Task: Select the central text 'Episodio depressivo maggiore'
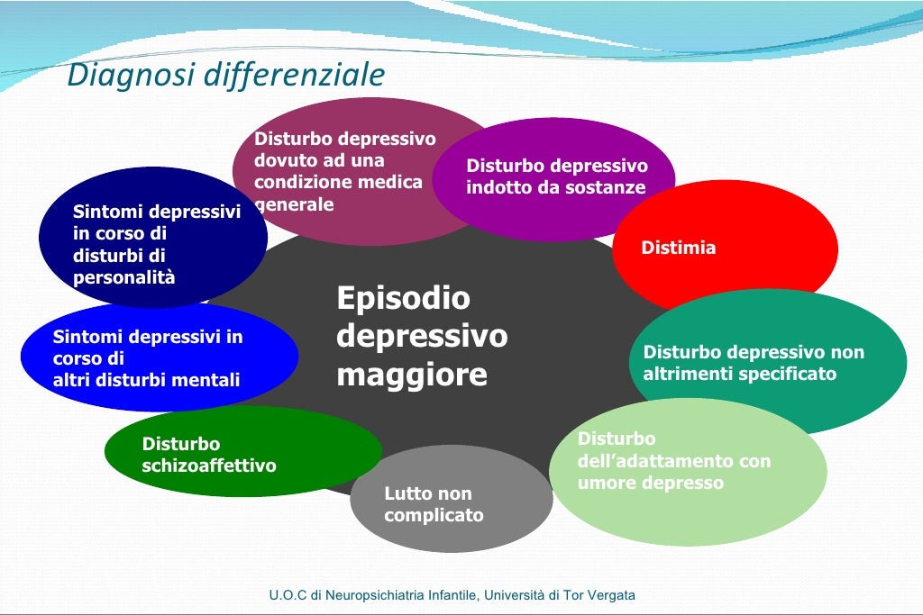[422, 336]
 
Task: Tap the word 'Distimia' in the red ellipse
[678, 248]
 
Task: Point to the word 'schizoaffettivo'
[209, 466]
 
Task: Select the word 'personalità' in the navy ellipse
[124, 277]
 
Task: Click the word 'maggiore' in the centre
[411, 375]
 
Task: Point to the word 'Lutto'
[407, 493]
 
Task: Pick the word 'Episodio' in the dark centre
[403, 298]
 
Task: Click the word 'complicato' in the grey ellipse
[434, 516]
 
